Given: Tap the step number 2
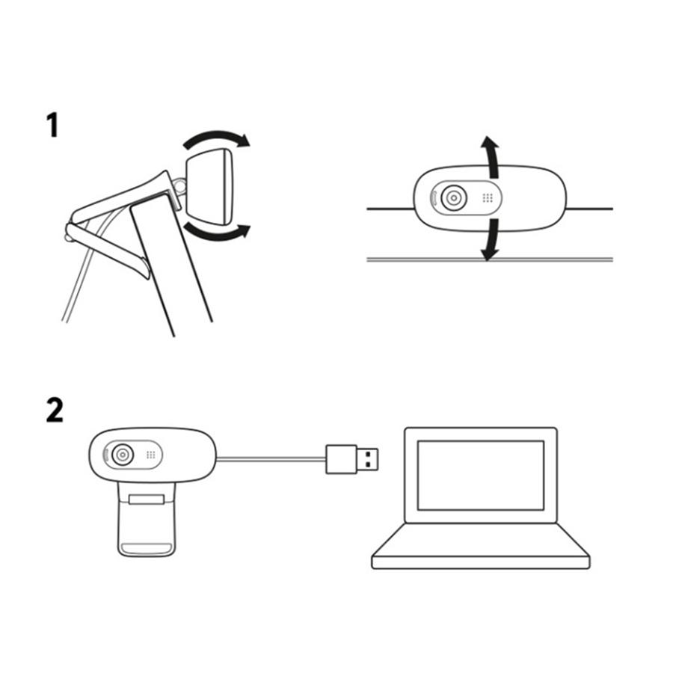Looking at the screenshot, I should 55,410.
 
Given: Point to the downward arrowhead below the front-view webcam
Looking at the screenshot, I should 489,253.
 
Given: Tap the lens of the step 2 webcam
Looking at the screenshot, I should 123,454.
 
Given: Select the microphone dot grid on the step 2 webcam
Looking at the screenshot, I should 150,454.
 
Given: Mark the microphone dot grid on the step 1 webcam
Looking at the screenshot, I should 487,199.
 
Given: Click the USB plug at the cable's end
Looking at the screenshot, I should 351,458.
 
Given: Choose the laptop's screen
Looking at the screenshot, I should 480,475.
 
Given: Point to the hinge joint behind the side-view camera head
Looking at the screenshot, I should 179,183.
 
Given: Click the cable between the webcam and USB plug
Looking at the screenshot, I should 269,458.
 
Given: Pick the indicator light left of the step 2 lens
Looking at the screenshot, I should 103,454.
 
